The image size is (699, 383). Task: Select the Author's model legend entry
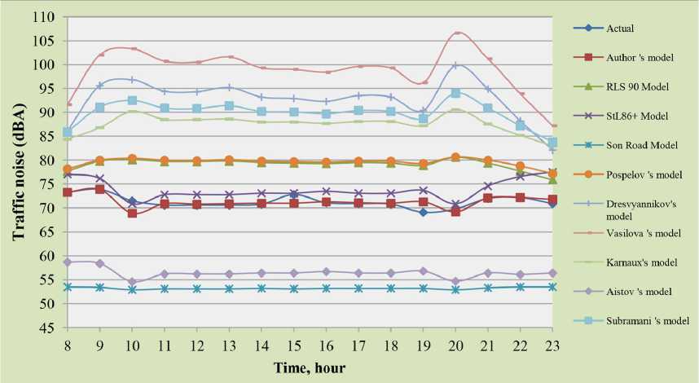640,58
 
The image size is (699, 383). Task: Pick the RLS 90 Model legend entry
638,86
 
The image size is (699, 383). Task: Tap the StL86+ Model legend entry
638,116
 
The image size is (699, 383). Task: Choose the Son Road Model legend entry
644,145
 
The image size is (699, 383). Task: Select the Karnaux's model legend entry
640,262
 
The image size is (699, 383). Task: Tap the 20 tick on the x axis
456,345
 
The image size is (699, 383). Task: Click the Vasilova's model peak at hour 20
457,33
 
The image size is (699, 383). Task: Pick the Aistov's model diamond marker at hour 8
68,262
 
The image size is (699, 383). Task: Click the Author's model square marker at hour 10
131,214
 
